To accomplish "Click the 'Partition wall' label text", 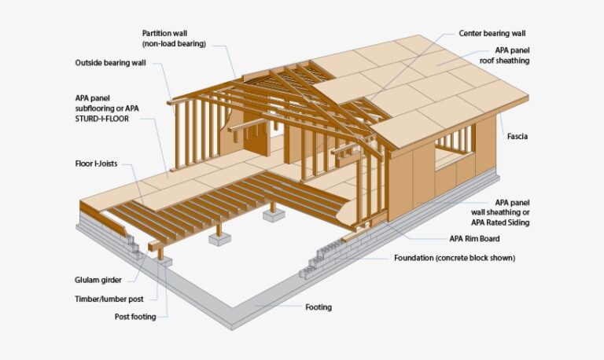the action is (164, 34).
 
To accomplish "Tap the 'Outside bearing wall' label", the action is (111, 63).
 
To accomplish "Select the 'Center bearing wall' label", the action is (492, 34).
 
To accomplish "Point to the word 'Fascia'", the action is (517, 136).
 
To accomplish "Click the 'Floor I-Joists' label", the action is (96, 163).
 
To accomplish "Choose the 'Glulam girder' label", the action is (98, 280).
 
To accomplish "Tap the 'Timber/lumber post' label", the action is (109, 299).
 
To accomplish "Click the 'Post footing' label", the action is (135, 317).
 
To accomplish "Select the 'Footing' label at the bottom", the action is (319, 307).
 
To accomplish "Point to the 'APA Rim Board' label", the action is (474, 239).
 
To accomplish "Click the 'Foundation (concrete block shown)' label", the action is (455, 258).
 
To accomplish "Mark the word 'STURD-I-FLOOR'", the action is (102, 119).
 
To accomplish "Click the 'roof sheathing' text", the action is (504, 61).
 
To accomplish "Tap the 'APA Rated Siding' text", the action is (500, 222).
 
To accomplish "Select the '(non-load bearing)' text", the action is (174, 44).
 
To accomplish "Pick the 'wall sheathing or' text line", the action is (500, 212).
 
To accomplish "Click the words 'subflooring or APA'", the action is (107, 108).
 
